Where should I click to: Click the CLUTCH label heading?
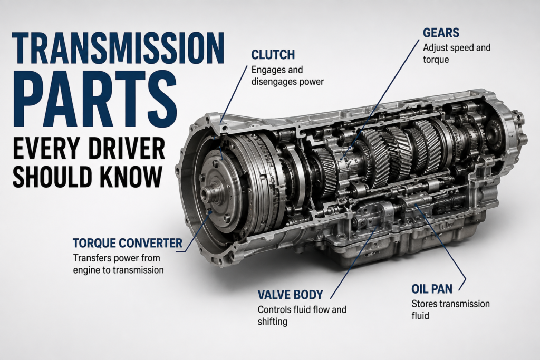tap(273, 55)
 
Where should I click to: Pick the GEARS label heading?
tap(441, 33)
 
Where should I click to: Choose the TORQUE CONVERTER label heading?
tap(128, 243)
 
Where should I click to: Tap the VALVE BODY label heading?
tap(291, 295)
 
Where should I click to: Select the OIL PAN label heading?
tap(432, 289)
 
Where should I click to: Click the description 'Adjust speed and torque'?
tap(457, 53)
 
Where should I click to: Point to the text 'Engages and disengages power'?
tap(287, 76)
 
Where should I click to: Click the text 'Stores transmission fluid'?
tap(450, 310)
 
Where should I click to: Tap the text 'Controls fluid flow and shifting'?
tap(302, 315)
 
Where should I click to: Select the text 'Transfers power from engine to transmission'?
tap(118, 264)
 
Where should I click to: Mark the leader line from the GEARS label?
tap(381, 100)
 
